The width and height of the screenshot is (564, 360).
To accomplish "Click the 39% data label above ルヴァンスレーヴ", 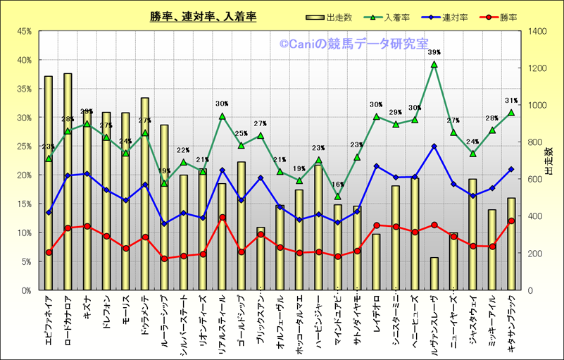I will pos(434,52).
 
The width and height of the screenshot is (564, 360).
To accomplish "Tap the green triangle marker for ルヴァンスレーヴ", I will pos(434,64).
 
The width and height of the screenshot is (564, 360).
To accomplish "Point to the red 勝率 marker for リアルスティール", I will pos(223,218).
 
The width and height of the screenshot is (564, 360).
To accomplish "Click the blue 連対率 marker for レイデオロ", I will pos(376,166).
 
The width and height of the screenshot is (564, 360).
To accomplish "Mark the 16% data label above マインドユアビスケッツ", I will pos(337,185).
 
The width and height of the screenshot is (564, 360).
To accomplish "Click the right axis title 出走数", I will pos(549,161).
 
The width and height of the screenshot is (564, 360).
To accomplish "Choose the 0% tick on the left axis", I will pos(25,290).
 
